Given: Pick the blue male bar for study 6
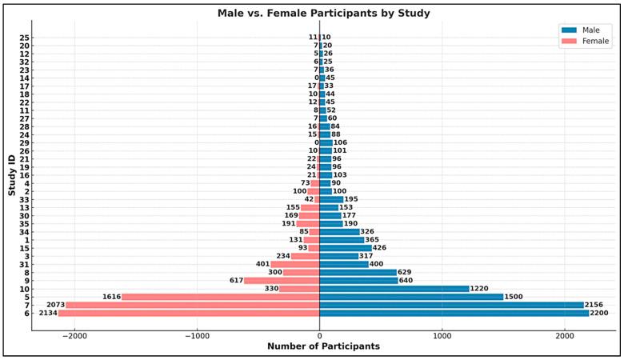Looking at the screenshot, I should (x=454, y=313).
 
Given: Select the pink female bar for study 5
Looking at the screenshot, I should (x=220, y=296).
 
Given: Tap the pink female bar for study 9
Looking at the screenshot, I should (x=282, y=280).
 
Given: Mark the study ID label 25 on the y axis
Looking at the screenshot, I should (x=26, y=37).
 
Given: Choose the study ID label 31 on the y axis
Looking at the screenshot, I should (x=26, y=264).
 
